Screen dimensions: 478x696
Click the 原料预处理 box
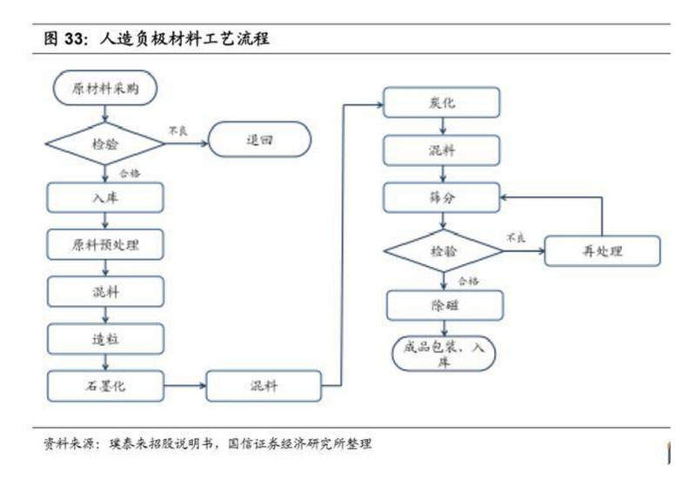[x=104, y=244]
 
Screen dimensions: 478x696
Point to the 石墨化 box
[x=104, y=384]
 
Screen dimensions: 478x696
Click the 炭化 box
[x=443, y=103]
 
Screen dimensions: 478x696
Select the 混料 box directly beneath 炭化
[x=443, y=151]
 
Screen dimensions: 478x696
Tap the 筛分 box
[x=443, y=199]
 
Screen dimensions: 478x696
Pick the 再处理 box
[x=602, y=251]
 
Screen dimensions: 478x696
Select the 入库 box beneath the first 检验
[x=104, y=197]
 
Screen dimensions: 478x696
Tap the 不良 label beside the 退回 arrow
[x=177, y=130]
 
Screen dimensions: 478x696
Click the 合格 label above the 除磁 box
[x=468, y=281]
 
